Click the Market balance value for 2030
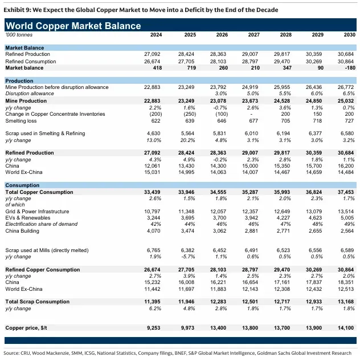tap(350, 68)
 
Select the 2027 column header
tap(254, 35)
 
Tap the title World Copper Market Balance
tap(73, 26)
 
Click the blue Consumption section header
tap(22, 185)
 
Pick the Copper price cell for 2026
tap(218, 328)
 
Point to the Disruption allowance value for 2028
tap(285, 94)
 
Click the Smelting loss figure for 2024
tap(156, 121)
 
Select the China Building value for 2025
tap(187, 231)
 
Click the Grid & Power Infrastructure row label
tap(37, 212)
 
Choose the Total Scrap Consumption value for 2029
tap(313, 302)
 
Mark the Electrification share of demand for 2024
tap(156, 224)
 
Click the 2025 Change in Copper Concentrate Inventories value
tap(190, 114)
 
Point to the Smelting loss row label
tap(21, 121)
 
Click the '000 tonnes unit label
tap(19, 35)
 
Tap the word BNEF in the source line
tap(181, 353)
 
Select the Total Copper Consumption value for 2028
tap(282, 192)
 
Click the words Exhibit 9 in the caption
tap(17, 10)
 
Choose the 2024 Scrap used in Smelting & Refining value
tap(154, 133)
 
